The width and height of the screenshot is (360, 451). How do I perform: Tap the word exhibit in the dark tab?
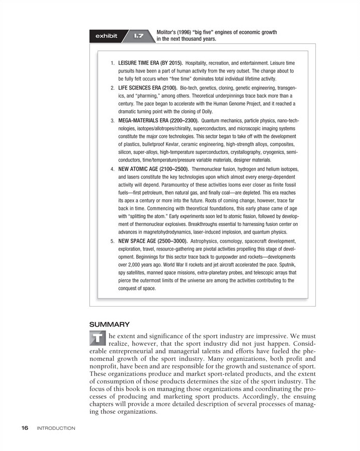[x=107, y=36]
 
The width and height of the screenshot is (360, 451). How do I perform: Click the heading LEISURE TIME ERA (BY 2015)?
[x=150, y=63]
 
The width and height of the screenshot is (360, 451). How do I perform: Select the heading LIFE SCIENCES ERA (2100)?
[x=147, y=88]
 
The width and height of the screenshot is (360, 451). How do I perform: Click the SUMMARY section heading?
[x=109, y=324]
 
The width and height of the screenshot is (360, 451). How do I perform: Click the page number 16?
[x=25, y=428]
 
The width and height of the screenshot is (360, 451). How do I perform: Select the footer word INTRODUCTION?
[x=56, y=428]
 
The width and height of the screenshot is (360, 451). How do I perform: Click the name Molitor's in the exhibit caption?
[x=168, y=32]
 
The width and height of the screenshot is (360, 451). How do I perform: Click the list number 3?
[x=112, y=121]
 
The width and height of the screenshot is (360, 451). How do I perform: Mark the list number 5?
[x=112, y=241]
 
